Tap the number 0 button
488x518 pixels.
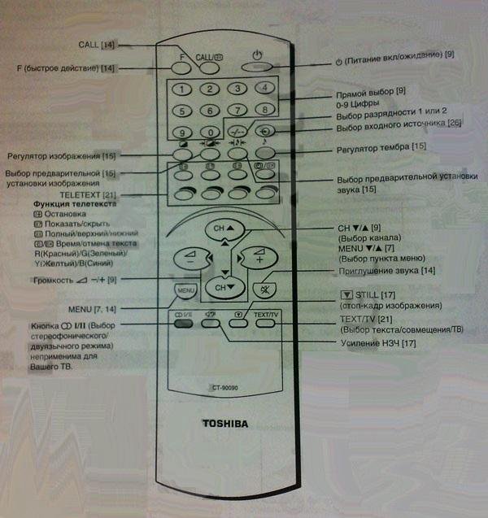pyautogui.click(x=211, y=133)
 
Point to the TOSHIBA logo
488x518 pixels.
pyautogui.click(x=224, y=423)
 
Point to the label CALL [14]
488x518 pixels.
pyautogui.click(x=95, y=44)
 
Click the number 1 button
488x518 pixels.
pyautogui.click(x=184, y=89)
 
